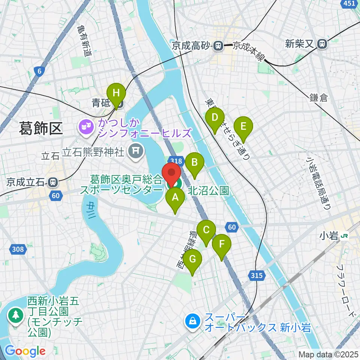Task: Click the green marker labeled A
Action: point(175,198)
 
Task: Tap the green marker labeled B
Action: point(195,163)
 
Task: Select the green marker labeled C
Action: point(206,230)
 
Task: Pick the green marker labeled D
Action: point(214,117)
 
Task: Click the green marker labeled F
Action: point(222,244)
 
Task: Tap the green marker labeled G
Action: point(192,259)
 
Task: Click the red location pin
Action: point(172,173)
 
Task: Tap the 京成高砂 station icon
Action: point(217,46)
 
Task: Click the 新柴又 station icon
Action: point(322,44)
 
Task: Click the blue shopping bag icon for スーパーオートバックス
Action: point(192,321)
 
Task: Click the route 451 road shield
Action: point(349,3)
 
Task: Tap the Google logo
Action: point(25,351)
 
